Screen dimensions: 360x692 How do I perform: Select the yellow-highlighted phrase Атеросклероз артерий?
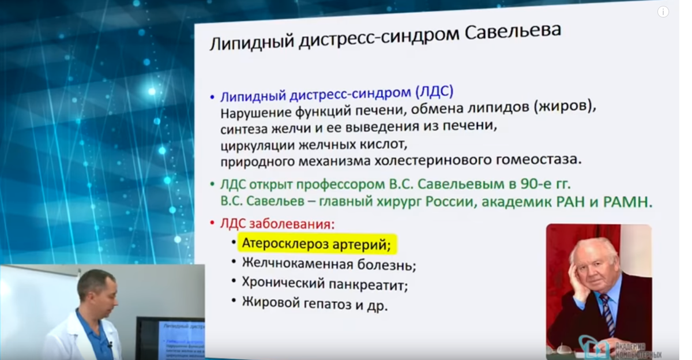[x=317, y=244]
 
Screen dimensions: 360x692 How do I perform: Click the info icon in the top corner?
[x=663, y=12]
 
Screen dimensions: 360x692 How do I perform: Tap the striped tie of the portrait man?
[x=608, y=312]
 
